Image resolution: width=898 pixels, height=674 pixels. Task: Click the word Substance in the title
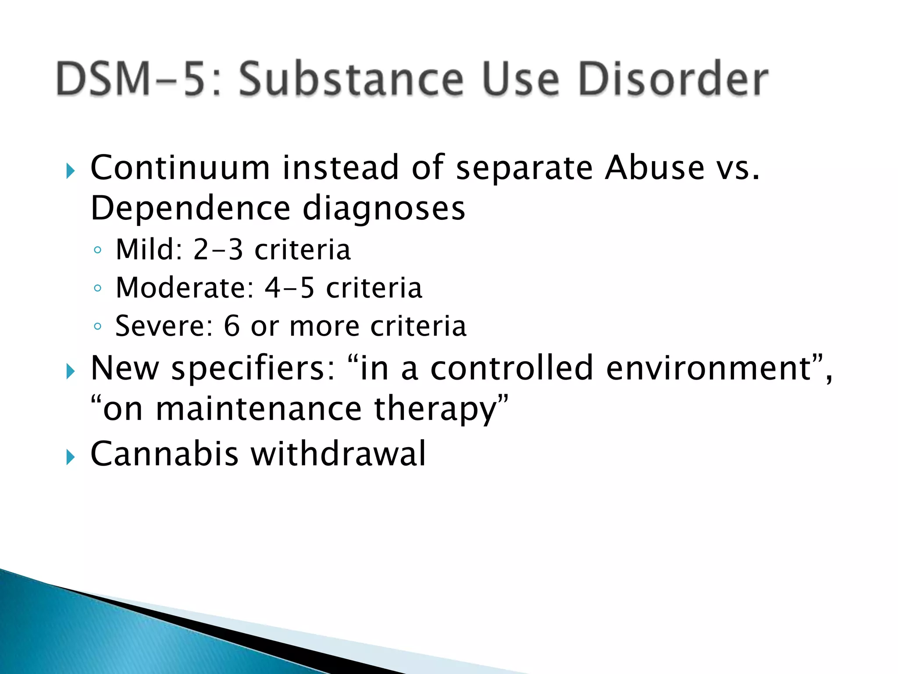point(351,79)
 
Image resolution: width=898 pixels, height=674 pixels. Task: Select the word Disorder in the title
point(673,79)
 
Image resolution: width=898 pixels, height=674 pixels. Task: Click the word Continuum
point(180,168)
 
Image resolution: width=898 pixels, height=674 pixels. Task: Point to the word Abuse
point(654,168)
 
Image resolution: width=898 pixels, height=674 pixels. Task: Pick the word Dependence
point(190,208)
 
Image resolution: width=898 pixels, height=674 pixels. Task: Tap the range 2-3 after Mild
point(218,249)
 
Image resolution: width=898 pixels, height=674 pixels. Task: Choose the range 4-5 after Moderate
point(289,288)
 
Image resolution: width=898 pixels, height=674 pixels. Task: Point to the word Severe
point(164,326)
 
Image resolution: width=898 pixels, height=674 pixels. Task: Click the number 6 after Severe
point(232,326)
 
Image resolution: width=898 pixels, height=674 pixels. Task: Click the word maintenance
point(259,409)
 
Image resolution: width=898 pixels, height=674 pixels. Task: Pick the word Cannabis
point(164,453)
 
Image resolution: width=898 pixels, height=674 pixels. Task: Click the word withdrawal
point(338,453)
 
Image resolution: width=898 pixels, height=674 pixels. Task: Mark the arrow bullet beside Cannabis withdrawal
point(70,458)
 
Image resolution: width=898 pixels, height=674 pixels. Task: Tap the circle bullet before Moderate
point(97,288)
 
